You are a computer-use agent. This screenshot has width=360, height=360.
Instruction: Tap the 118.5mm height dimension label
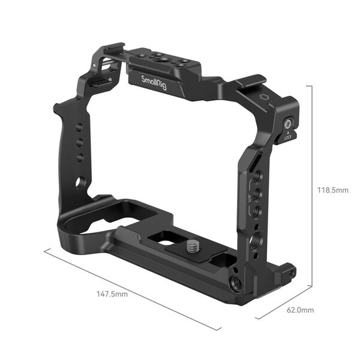[x=332, y=190]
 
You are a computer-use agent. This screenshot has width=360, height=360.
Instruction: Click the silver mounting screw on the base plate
[x=195, y=245]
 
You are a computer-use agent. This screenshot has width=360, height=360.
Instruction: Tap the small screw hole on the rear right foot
[x=291, y=273]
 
